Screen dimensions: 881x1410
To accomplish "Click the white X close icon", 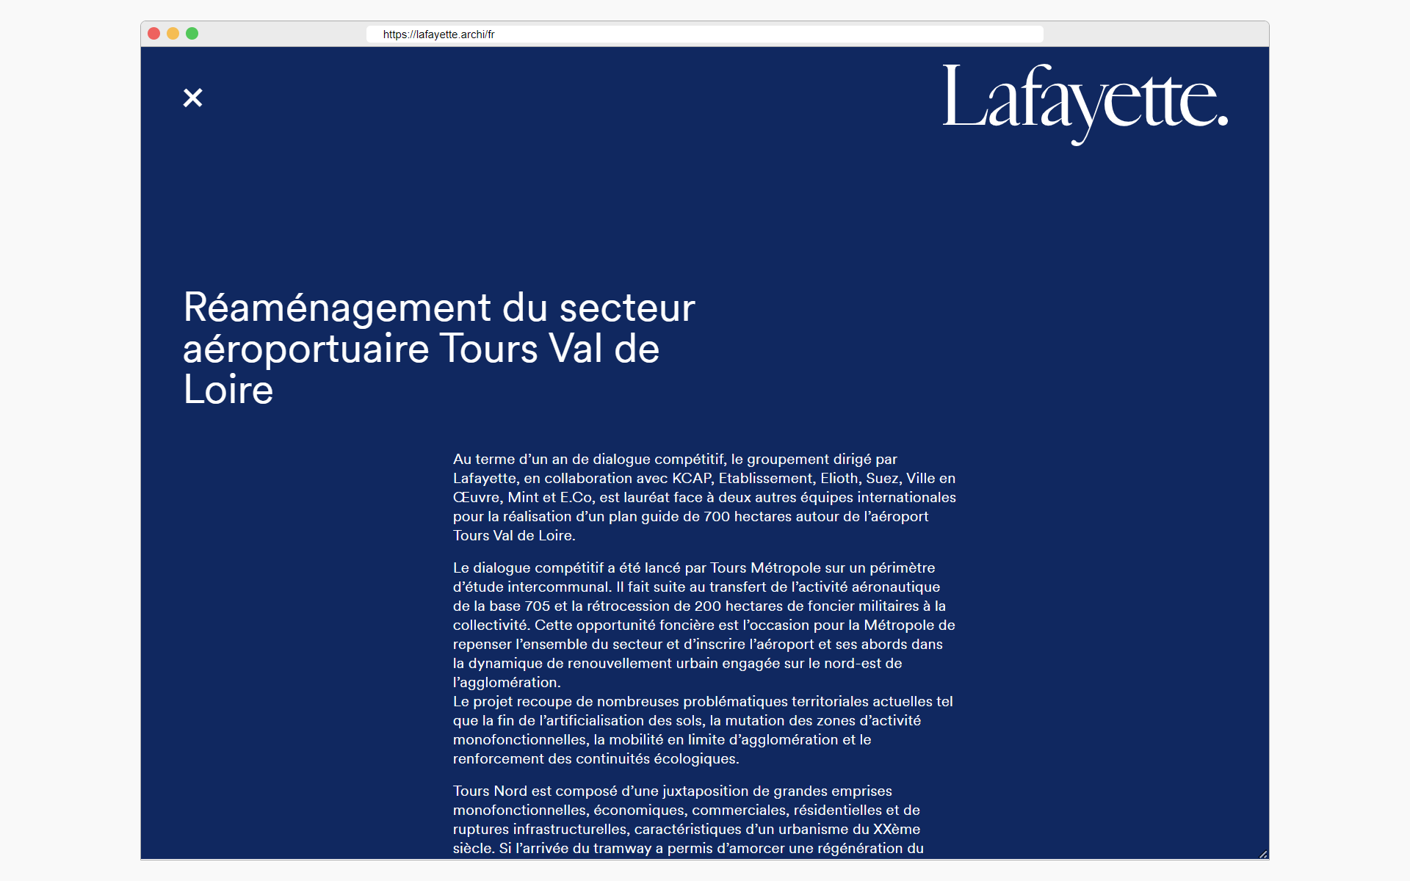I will (192, 98).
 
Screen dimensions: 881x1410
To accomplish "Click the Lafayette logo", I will (1085, 102).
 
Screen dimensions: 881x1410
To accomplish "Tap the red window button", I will (153, 34).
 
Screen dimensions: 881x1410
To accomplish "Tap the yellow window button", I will (173, 34).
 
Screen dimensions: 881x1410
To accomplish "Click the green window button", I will (192, 34).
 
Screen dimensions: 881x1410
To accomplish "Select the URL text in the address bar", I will (438, 35).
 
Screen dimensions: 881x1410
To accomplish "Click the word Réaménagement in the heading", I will (337, 308).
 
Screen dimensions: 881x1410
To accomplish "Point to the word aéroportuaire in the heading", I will (305, 349).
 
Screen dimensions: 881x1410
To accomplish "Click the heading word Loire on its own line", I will (228, 390).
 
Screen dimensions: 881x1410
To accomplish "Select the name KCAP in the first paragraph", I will (691, 479).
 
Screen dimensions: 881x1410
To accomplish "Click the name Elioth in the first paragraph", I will (839, 479).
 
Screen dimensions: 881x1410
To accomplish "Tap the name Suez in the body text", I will (882, 479).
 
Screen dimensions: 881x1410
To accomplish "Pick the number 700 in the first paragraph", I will (716, 517).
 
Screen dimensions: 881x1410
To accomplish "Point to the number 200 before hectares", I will (707, 606).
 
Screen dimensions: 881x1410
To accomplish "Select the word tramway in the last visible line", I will (622, 849).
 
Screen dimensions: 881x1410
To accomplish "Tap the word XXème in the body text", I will (896, 830).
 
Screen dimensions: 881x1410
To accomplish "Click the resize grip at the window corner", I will (1263, 854).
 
